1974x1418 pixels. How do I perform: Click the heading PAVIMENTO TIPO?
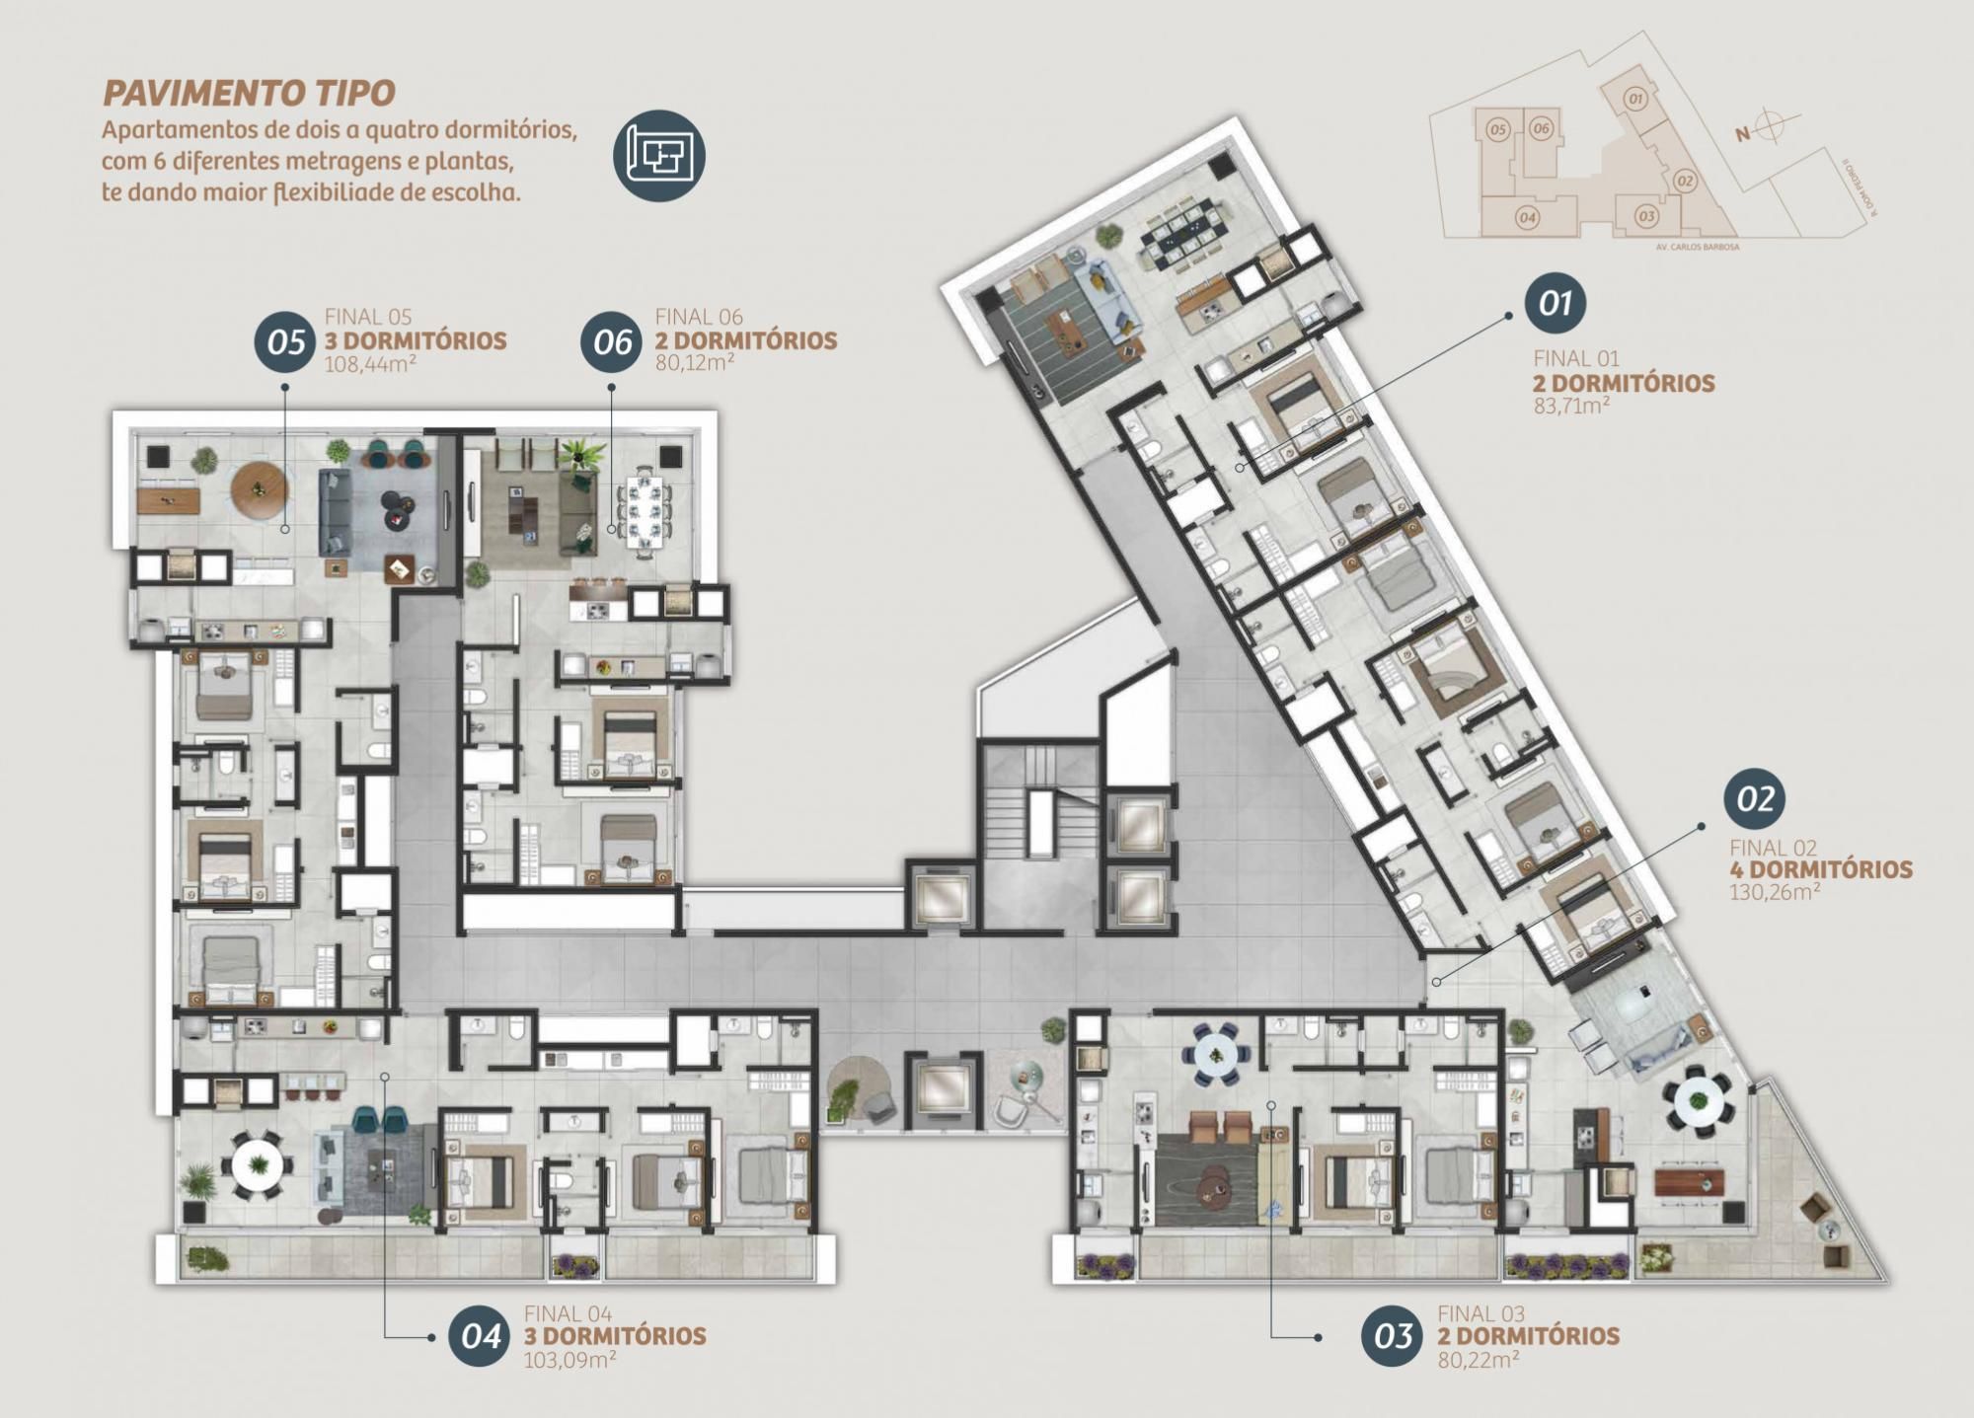[249, 94]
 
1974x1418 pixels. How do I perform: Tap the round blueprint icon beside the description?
[659, 155]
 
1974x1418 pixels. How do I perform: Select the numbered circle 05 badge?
[285, 342]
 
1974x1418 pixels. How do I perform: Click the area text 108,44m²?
[370, 363]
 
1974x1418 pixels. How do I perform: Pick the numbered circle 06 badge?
[612, 342]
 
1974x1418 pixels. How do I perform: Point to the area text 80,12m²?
[695, 362]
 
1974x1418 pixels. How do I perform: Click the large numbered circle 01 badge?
[1555, 303]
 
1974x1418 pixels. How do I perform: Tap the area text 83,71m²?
[1572, 405]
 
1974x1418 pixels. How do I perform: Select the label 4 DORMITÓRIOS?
[1820, 870]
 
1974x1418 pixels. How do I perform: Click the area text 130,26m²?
[1774, 892]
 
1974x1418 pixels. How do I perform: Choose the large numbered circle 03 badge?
[1392, 1336]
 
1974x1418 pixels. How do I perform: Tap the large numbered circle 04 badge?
[480, 1336]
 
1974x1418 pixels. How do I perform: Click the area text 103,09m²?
[569, 1359]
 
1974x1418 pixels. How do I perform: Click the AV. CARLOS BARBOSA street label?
[1698, 247]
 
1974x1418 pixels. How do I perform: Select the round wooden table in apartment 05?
[259, 489]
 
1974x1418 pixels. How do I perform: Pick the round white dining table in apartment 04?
[258, 1165]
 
